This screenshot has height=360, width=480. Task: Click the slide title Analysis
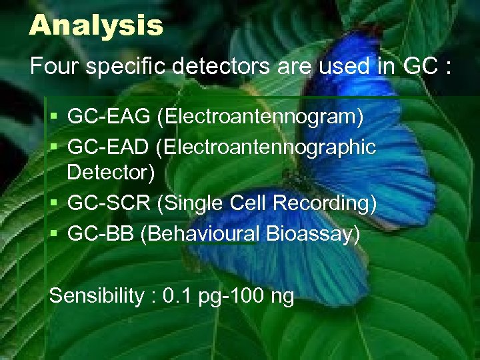96,25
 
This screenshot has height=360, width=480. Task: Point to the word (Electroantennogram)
260,117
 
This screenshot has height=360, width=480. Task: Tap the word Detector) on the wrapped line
111,173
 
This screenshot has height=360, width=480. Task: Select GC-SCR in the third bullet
109,204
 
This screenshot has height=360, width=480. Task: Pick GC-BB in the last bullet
101,234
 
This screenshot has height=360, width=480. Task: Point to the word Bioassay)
313,234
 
